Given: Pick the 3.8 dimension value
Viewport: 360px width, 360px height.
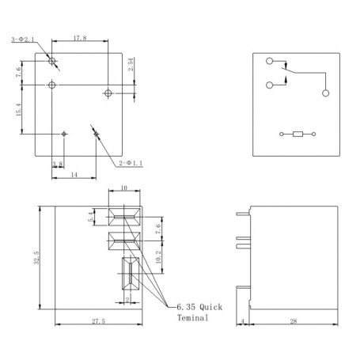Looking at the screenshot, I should [57, 165].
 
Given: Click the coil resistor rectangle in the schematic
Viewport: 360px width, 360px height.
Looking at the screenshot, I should [297, 135].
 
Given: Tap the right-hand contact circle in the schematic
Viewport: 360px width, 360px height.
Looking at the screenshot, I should [325, 93].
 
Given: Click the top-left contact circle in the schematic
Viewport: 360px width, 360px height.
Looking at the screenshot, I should [271, 63].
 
